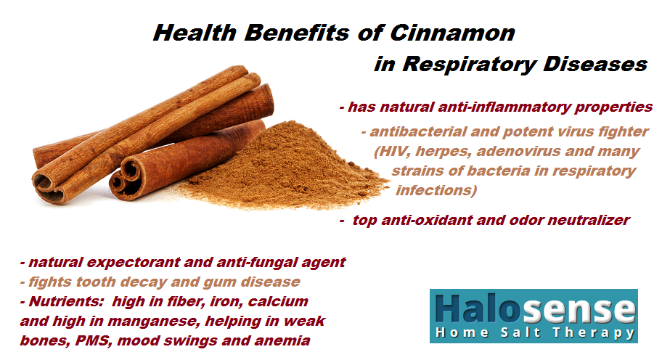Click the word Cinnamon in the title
452,33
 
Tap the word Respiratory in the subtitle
469,65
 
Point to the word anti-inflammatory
504,107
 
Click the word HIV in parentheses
389,151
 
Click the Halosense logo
534,316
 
